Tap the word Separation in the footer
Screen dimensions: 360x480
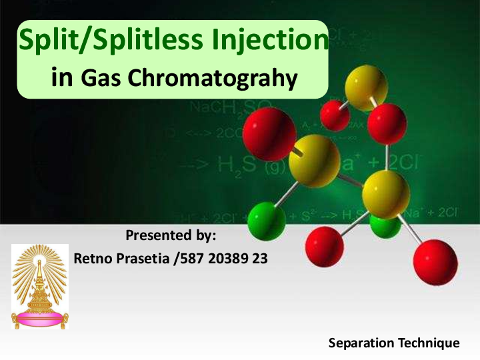pos(361,343)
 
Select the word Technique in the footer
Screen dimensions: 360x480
pos(427,343)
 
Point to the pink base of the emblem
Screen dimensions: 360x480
pos(40,319)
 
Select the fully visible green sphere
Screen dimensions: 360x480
pos(267,221)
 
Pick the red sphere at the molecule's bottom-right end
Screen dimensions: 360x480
pos(435,263)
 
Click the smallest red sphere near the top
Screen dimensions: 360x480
pos(335,115)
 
